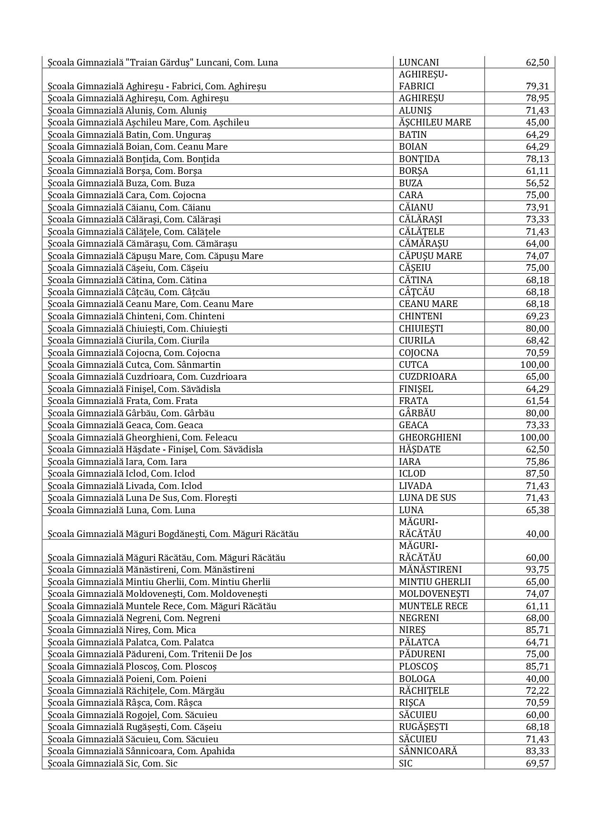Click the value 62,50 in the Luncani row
pos(537,62)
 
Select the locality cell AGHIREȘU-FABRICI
pos(423,80)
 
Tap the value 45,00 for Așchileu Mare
pos(537,122)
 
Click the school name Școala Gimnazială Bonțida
pos(134,159)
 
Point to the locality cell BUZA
pos(411,183)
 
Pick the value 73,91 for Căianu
pos(537,207)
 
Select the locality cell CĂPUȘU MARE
pos(430,256)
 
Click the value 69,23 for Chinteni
pos(537,316)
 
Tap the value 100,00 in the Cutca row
pos(534,364)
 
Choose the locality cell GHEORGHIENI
pos(430,437)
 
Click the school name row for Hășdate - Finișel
pos(155,449)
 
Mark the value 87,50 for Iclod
pos(537,473)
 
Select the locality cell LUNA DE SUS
pos(427,498)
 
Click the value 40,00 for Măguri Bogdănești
pos(537,534)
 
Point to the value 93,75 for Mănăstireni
pos(537,569)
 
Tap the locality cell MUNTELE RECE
pos(433,606)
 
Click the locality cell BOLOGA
pos(417,679)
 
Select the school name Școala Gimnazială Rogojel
pos(132,715)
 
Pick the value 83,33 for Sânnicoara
pos(537,751)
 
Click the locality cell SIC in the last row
pos(406,763)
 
